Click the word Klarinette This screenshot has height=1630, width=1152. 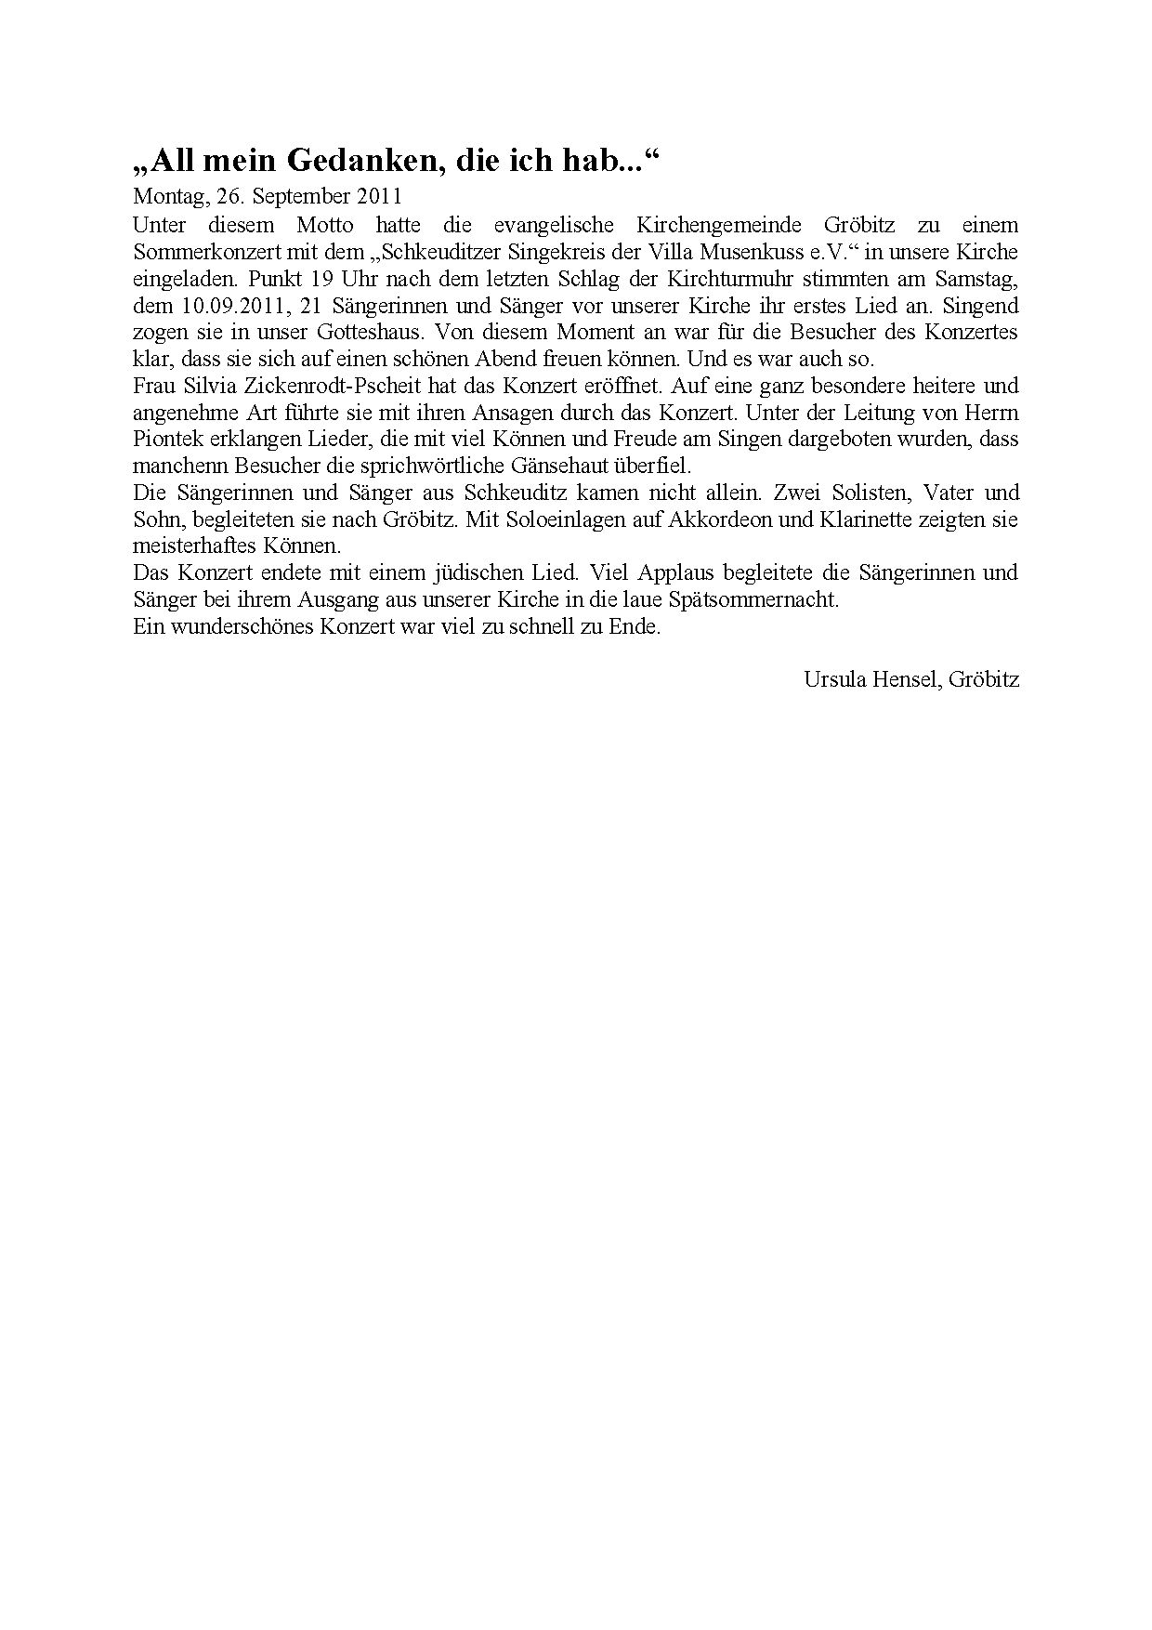[863, 519]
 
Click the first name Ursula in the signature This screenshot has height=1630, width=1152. [833, 679]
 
